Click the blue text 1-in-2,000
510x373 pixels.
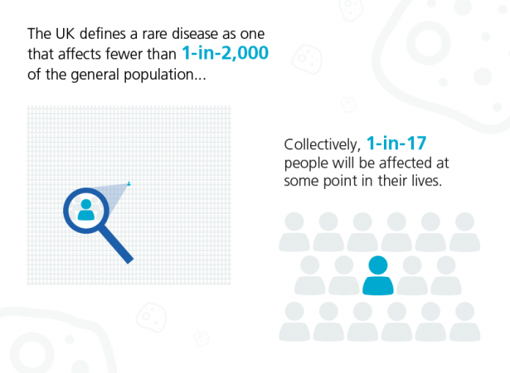point(225,53)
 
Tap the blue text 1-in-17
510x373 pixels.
point(396,143)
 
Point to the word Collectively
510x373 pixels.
point(323,144)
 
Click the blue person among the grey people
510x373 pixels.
point(378,275)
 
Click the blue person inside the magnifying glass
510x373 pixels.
point(86,210)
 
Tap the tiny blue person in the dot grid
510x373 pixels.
point(129,184)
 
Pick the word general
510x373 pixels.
point(95,75)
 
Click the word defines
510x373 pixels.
point(103,34)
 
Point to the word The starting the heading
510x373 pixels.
point(39,34)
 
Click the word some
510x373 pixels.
point(301,182)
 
